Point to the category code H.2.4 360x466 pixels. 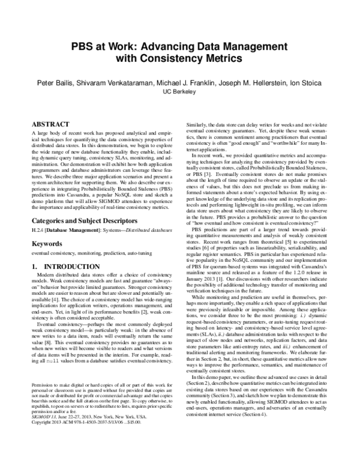[38, 231]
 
